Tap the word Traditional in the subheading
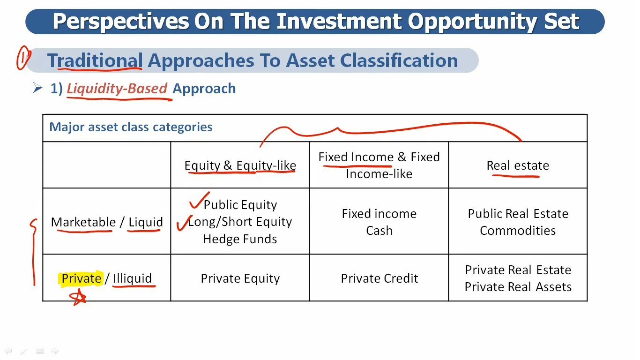[95, 60]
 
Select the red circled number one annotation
[23, 58]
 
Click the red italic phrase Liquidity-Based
[117, 88]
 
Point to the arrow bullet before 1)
[37, 88]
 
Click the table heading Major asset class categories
[131, 127]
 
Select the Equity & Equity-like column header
[240, 165]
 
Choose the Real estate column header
[518, 165]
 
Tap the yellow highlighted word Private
[81, 278]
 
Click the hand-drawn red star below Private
[77, 297]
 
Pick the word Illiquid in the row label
[132, 278]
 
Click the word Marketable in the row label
[83, 222]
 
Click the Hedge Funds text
[240, 239]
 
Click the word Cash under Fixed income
[379, 231]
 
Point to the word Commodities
[518, 231]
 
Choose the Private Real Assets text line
[518, 287]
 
